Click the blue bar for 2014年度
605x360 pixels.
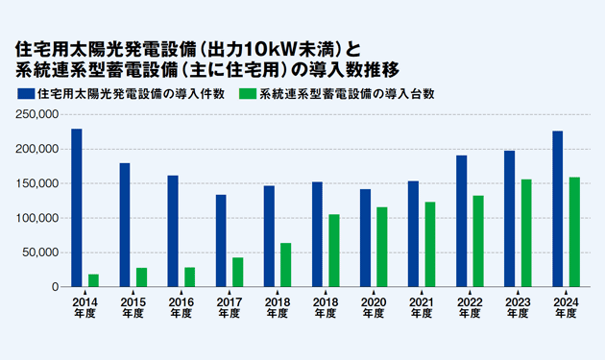point(77,207)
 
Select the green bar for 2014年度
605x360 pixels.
point(94,280)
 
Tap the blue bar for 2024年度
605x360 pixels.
point(557,208)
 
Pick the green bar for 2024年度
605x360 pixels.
point(574,231)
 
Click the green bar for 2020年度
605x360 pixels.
point(382,247)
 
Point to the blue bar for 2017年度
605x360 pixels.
point(221,241)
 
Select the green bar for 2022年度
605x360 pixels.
point(478,241)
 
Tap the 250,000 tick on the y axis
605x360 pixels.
point(38,115)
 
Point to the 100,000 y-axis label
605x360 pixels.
point(38,218)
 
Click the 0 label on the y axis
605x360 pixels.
point(55,287)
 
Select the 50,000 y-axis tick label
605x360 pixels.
point(41,252)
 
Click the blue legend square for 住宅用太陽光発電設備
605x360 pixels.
point(23,94)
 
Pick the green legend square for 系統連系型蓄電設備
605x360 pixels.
point(248,94)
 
